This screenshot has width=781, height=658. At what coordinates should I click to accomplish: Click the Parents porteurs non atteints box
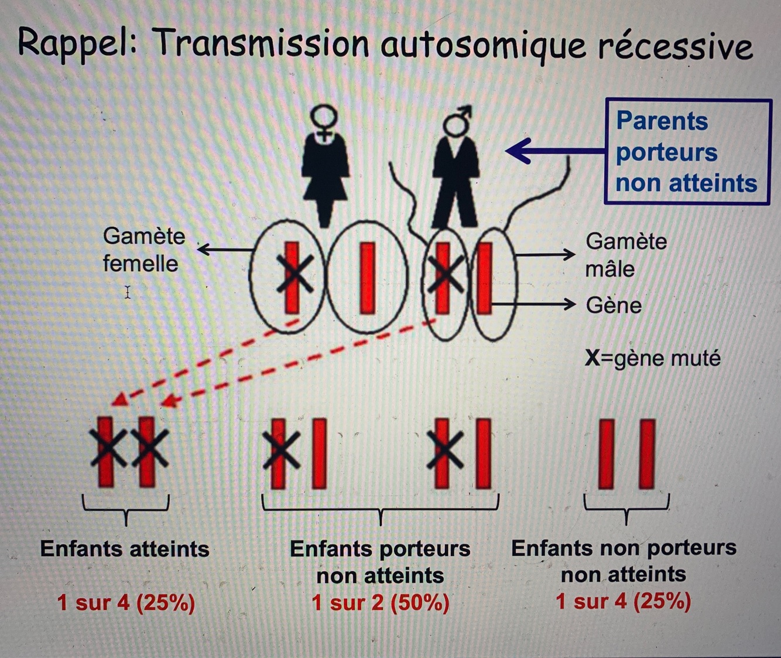(687, 152)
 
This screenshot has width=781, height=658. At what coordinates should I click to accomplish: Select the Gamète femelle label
(143, 250)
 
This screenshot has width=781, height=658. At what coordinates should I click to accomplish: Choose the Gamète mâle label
(625, 255)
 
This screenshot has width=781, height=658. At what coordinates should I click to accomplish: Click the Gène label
(614, 305)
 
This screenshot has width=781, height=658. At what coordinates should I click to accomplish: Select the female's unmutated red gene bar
(367, 278)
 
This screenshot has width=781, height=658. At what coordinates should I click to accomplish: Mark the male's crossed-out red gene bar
(443, 277)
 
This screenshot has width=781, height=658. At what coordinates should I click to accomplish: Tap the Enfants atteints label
(125, 549)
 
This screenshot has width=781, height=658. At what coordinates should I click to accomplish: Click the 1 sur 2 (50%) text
(381, 602)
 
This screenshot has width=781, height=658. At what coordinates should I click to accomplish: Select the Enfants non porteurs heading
(624, 548)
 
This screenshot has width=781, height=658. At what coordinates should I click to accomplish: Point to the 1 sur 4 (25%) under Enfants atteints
(126, 602)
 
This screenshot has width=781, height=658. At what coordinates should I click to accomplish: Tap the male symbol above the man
(457, 120)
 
